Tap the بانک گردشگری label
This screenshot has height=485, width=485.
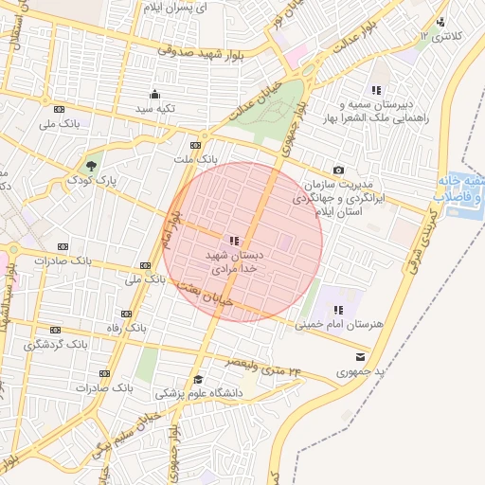56,344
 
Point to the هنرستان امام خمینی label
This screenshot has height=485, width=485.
339,325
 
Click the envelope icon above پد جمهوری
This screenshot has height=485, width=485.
360,356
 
